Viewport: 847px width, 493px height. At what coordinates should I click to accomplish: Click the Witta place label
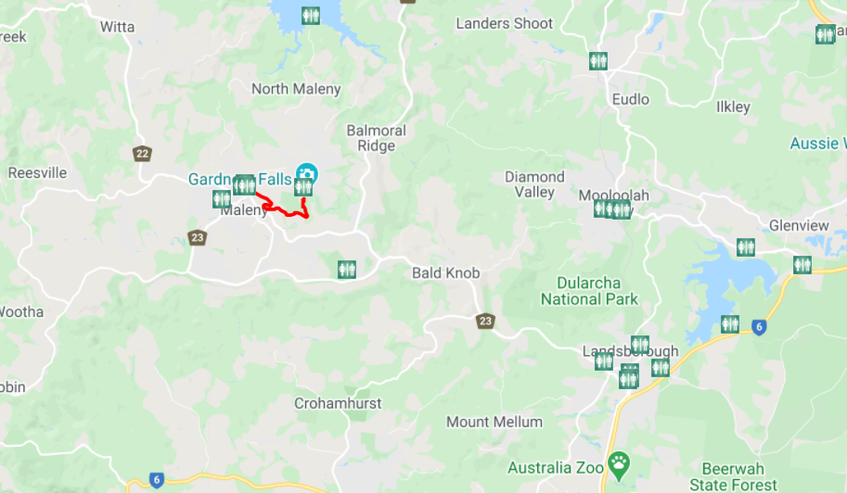pyautogui.click(x=118, y=27)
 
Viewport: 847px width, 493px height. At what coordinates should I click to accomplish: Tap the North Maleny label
pyautogui.click(x=296, y=89)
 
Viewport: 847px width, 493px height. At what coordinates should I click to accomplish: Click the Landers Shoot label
pyautogui.click(x=504, y=23)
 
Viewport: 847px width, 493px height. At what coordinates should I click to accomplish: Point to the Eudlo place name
pyautogui.click(x=631, y=99)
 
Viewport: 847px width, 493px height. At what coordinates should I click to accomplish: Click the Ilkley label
pyautogui.click(x=733, y=107)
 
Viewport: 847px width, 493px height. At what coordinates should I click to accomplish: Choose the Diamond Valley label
pyautogui.click(x=534, y=184)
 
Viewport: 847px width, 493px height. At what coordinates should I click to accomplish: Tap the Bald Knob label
pyautogui.click(x=446, y=272)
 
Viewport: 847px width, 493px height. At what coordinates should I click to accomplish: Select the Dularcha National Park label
pyautogui.click(x=589, y=290)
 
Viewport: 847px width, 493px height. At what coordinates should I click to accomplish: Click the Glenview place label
pyautogui.click(x=799, y=225)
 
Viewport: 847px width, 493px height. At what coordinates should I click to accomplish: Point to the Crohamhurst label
pyautogui.click(x=338, y=403)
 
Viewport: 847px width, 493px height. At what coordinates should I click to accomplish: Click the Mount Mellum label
pyautogui.click(x=494, y=422)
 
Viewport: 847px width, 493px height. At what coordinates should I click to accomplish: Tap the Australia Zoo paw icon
pyautogui.click(x=619, y=461)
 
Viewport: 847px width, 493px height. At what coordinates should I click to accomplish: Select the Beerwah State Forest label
pyautogui.click(x=739, y=476)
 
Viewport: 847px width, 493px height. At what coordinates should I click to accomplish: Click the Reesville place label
pyautogui.click(x=37, y=172)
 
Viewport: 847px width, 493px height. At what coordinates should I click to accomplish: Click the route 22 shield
pyautogui.click(x=141, y=153)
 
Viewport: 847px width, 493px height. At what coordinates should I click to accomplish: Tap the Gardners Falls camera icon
pyautogui.click(x=306, y=172)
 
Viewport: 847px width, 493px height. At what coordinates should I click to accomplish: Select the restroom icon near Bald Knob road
pyautogui.click(x=347, y=269)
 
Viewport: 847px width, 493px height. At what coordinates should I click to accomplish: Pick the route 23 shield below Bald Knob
pyautogui.click(x=485, y=321)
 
